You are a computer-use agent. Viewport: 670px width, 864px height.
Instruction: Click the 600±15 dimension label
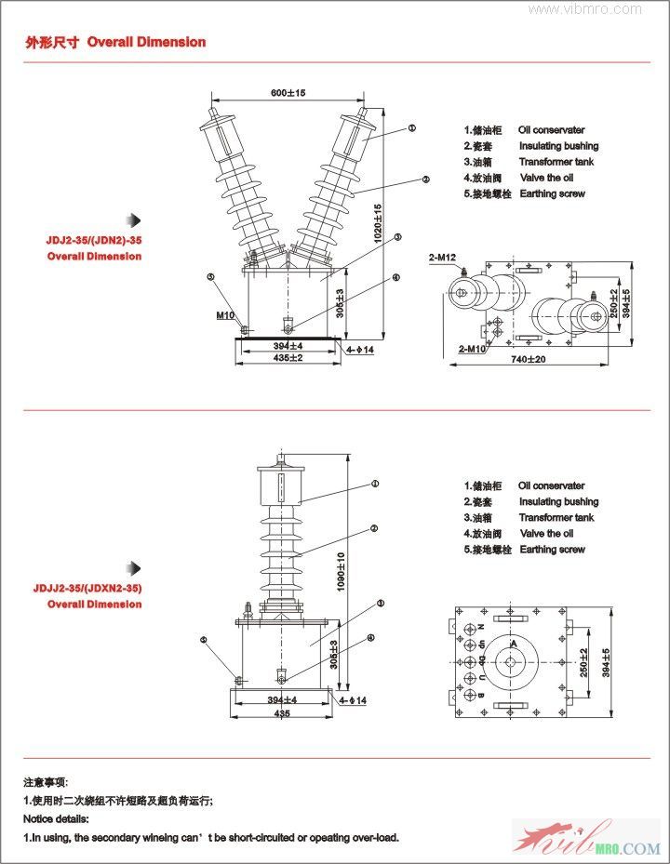(288, 93)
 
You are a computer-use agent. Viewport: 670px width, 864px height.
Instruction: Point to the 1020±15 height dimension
(378, 223)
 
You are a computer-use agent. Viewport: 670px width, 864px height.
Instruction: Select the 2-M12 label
(443, 257)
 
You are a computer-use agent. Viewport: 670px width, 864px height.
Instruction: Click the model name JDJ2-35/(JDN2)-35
(94, 240)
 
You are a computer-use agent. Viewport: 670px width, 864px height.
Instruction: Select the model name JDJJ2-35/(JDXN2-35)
(87, 588)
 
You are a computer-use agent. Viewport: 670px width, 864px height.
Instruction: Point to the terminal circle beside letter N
(482, 625)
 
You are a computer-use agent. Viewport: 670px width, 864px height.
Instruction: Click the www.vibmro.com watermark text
(585, 9)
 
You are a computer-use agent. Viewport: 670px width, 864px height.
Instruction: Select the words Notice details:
(56, 818)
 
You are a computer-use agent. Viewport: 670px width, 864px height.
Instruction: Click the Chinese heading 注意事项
(46, 782)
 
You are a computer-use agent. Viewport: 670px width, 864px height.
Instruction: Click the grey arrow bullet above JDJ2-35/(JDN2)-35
(135, 220)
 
